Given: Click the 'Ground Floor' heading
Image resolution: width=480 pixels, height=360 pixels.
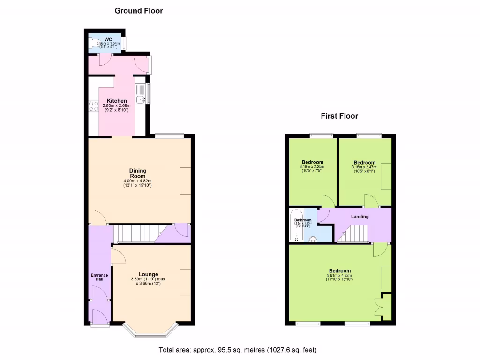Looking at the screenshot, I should (139, 11).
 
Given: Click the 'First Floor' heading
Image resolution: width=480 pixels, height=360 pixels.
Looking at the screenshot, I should (339, 116).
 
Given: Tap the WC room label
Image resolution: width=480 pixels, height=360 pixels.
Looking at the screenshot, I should (108, 39).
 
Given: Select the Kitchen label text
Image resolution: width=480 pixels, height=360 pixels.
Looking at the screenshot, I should (117, 101).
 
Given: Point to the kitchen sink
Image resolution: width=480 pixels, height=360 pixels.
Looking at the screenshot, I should (140, 99).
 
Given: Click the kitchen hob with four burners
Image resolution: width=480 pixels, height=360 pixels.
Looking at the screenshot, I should (93, 106).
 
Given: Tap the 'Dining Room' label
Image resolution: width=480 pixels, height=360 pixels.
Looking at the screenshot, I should (138, 173).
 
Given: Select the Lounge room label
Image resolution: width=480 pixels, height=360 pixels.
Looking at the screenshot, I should (148, 274).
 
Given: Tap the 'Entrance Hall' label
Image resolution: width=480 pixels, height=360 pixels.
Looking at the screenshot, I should (99, 277).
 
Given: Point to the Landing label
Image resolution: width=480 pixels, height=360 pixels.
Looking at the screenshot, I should (360, 216).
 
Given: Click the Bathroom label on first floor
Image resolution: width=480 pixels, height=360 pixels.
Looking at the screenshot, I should (303, 220).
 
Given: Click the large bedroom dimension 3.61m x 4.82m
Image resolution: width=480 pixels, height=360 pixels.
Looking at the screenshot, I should (339, 277).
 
